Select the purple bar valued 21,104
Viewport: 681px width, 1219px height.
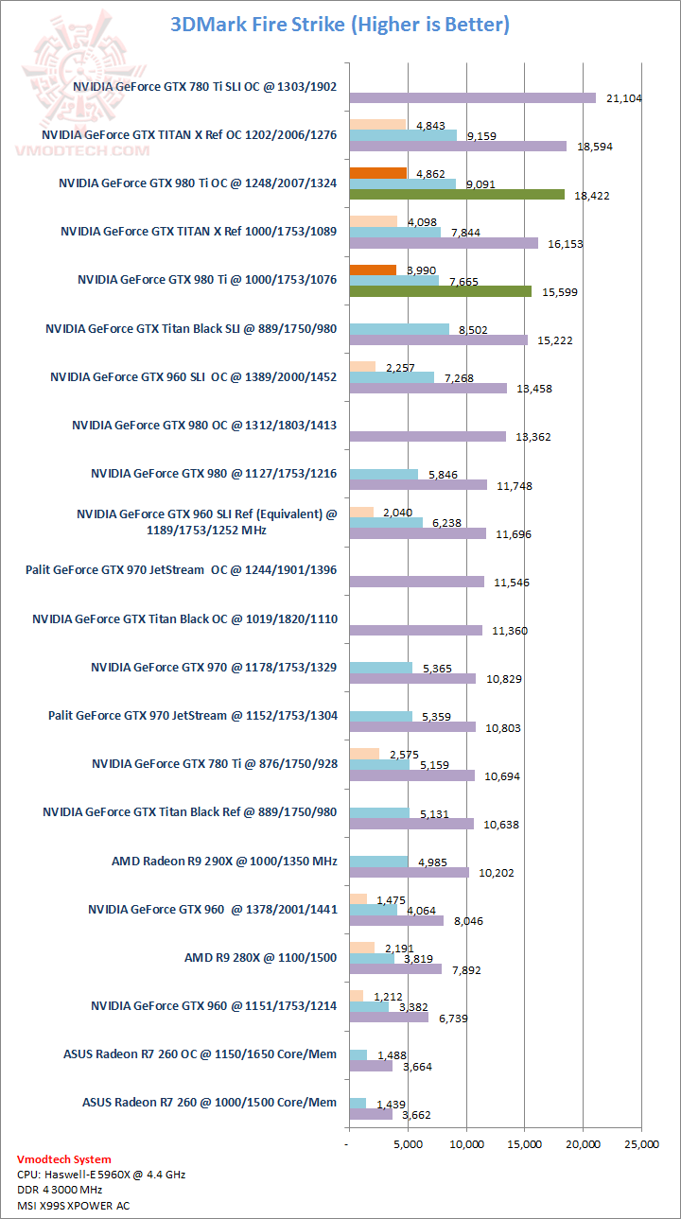click(473, 97)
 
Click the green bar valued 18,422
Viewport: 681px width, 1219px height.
click(457, 195)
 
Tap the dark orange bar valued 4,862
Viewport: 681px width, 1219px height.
click(377, 173)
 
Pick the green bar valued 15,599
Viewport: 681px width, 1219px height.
click(441, 291)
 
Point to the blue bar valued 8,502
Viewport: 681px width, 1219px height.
click(399, 329)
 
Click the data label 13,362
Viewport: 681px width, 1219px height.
click(535, 437)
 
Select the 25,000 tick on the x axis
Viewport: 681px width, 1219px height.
click(640, 1144)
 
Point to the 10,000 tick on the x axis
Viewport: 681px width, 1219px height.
click(466, 1144)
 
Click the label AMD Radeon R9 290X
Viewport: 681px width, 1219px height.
click(224, 861)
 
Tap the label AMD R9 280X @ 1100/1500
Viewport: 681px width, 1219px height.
click(260, 958)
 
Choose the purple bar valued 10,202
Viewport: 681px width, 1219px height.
click(409, 872)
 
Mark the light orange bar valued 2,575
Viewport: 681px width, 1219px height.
click(364, 754)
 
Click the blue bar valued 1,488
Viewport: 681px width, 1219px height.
click(358, 1054)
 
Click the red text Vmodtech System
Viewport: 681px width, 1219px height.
click(63, 1158)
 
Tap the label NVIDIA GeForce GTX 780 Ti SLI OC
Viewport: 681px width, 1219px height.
click(204, 85)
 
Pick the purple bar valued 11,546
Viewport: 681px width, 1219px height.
click(416, 582)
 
